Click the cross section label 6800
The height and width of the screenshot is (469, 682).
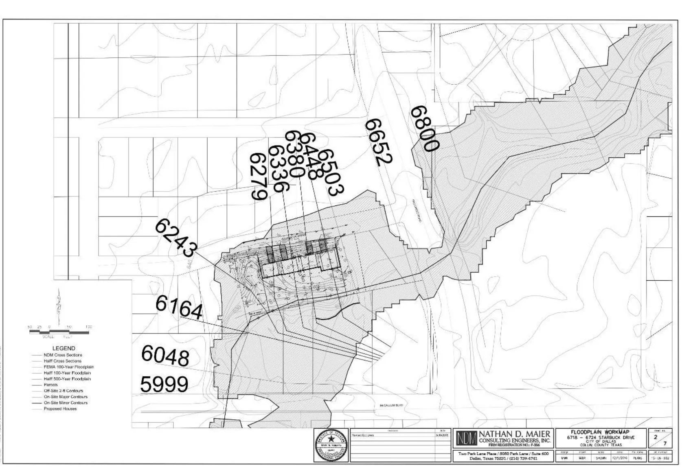[425, 129]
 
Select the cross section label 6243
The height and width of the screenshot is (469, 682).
[176, 238]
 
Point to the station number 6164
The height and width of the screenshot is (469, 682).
[179, 308]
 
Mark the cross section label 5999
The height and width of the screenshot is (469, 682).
[164, 384]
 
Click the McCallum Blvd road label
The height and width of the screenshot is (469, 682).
[391, 406]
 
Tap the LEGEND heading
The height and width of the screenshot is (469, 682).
[64, 348]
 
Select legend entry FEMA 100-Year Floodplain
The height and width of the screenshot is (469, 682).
[68, 367]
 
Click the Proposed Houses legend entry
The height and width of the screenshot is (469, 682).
[60, 409]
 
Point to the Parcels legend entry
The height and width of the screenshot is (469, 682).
[50, 385]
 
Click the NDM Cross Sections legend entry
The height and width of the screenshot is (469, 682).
[63, 355]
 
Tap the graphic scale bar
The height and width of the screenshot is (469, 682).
[59, 332]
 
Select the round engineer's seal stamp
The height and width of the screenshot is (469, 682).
[331, 445]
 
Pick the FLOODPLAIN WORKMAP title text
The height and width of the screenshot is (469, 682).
[600, 432]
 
